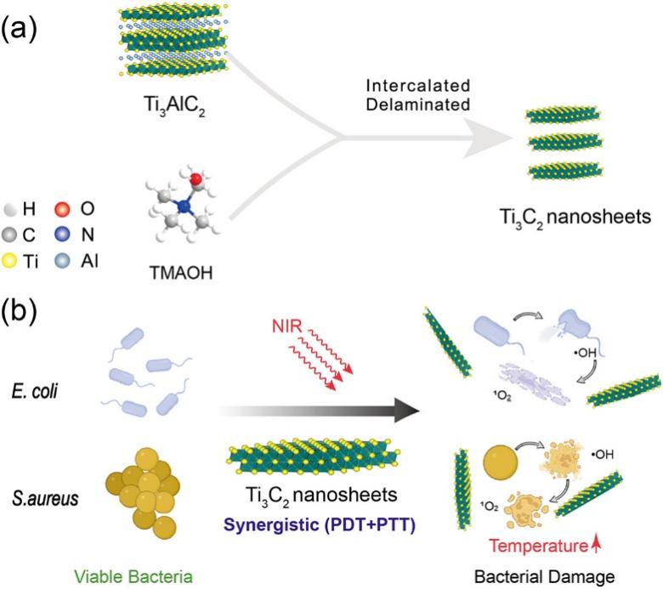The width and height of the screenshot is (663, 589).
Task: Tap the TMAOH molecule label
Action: click(x=181, y=273)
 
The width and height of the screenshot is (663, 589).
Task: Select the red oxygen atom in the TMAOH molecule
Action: click(x=195, y=178)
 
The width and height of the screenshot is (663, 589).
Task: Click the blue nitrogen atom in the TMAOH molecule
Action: click(x=184, y=207)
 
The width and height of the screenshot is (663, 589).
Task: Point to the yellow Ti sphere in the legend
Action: click(x=8, y=261)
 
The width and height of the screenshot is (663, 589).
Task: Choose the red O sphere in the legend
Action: click(x=62, y=209)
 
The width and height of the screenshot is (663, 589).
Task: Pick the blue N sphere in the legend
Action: click(x=62, y=235)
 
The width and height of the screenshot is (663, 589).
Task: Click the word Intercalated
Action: click(x=418, y=86)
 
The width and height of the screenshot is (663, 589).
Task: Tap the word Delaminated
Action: click(x=418, y=105)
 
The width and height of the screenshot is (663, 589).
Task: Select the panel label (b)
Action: click(x=19, y=311)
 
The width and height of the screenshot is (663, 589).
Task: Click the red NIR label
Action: click(x=287, y=326)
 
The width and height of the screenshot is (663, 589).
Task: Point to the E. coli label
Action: click(x=35, y=391)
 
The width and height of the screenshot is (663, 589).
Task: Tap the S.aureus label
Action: click(x=45, y=498)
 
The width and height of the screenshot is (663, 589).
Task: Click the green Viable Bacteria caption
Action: click(x=133, y=577)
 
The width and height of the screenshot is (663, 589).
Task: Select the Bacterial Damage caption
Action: click(x=545, y=577)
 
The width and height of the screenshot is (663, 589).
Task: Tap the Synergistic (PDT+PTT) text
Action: click(x=320, y=525)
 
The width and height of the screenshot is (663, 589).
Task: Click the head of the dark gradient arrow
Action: click(x=407, y=411)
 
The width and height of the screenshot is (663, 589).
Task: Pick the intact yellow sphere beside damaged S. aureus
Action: click(x=500, y=462)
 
